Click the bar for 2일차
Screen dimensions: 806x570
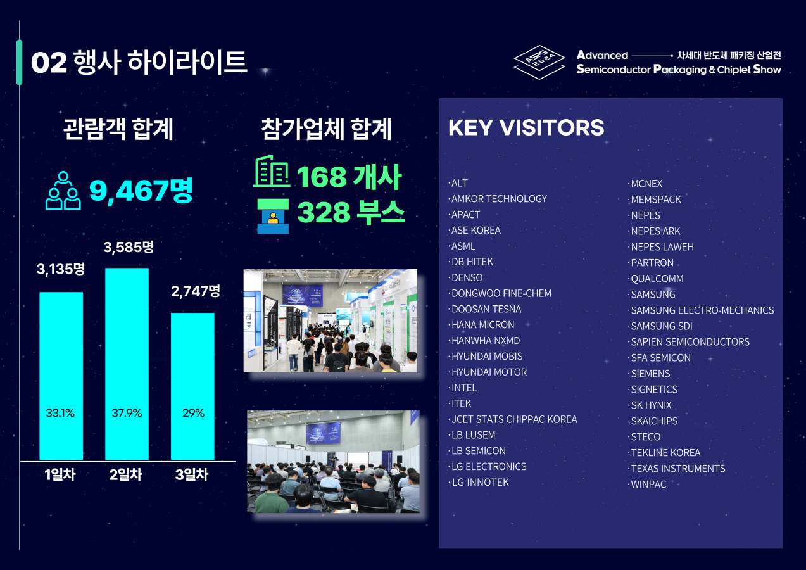click(x=127, y=364)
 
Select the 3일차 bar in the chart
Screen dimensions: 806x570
click(x=192, y=386)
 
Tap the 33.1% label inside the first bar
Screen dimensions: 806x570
click(x=60, y=413)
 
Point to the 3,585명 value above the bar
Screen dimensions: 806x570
click(x=129, y=247)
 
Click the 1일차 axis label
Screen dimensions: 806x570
click(x=60, y=474)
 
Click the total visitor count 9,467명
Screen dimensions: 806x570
click(x=141, y=191)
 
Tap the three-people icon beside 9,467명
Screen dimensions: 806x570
click(x=63, y=191)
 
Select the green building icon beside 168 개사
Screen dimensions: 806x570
click(x=272, y=171)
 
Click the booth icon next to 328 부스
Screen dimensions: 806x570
click(x=273, y=216)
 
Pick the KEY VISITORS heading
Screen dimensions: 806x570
click(x=526, y=127)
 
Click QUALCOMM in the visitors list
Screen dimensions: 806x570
click(x=657, y=279)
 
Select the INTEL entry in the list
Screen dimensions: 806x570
click(x=464, y=388)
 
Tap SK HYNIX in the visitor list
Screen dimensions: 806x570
click(x=652, y=405)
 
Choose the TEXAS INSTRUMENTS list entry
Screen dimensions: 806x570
click(x=678, y=469)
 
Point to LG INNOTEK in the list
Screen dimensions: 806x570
click(x=481, y=482)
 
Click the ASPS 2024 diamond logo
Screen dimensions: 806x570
click(x=539, y=62)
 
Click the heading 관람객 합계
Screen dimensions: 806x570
click(x=118, y=129)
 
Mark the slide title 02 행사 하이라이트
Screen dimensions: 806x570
click(x=139, y=62)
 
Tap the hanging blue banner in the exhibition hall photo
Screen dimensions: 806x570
click(x=302, y=295)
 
